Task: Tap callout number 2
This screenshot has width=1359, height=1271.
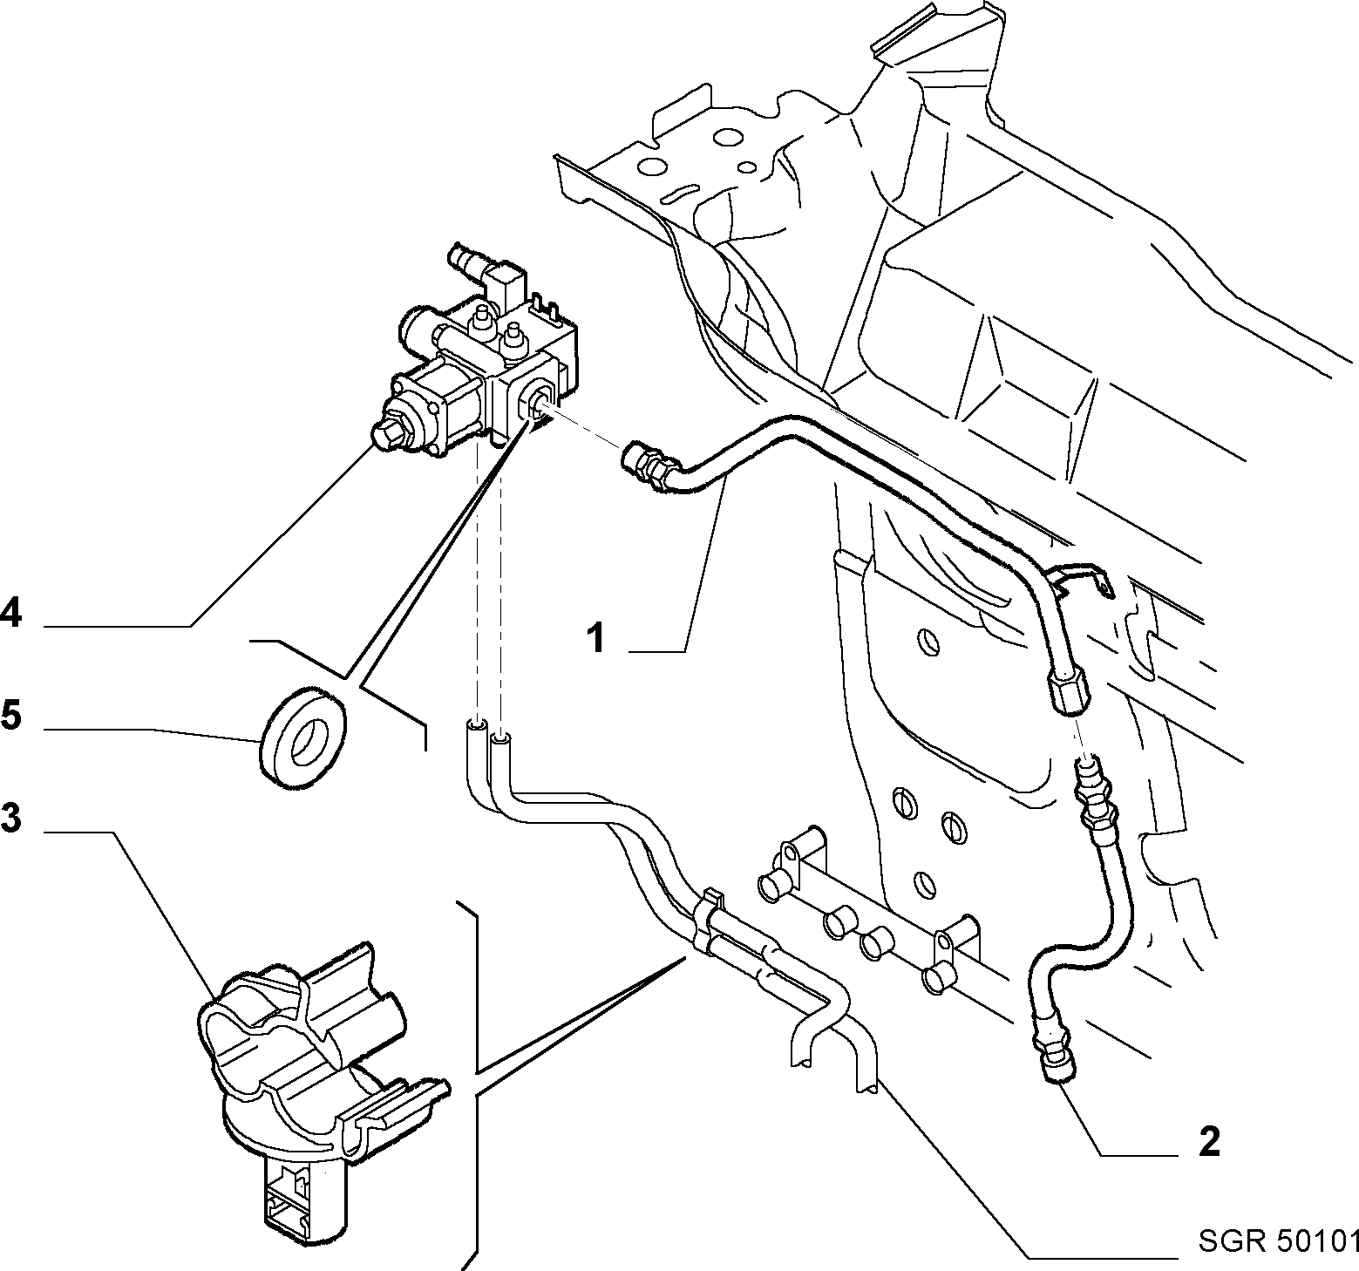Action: click(x=1210, y=1142)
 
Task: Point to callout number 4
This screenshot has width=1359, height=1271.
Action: click(x=10, y=613)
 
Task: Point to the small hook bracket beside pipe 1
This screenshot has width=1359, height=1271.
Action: click(x=1081, y=579)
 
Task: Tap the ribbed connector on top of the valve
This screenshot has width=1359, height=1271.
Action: click(x=468, y=262)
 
